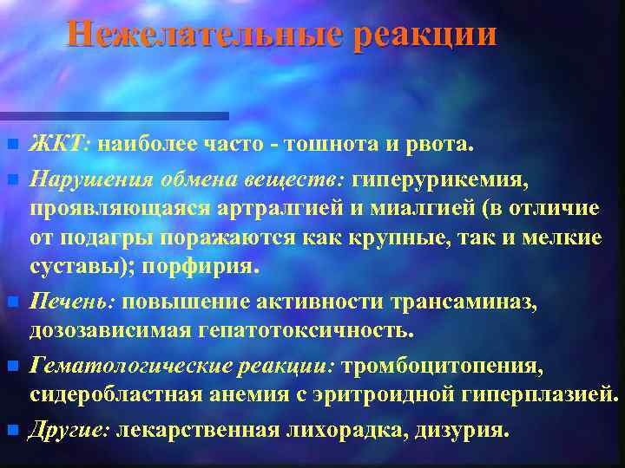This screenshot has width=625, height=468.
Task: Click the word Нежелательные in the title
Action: tap(204, 35)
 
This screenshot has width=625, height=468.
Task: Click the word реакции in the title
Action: tap(426, 35)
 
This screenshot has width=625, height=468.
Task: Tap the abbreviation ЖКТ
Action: tap(57, 144)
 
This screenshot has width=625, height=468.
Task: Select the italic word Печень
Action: tap(74, 302)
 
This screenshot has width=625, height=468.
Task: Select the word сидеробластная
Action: tap(117, 397)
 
